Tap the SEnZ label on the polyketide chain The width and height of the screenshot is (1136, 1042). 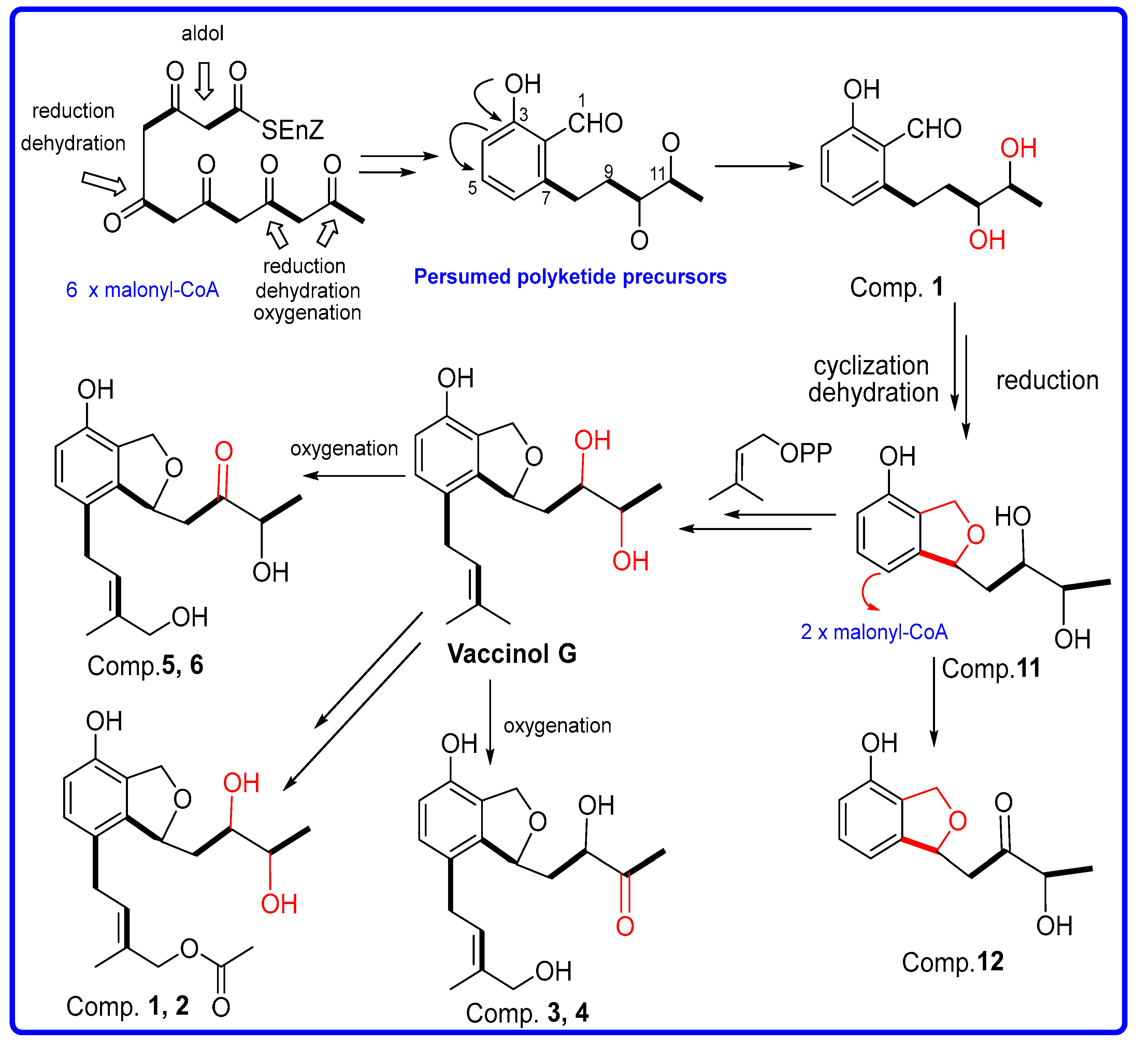pyautogui.click(x=292, y=130)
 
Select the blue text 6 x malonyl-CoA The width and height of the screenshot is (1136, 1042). pyautogui.click(x=142, y=290)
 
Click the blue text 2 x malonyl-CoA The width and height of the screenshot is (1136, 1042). pyautogui.click(x=874, y=632)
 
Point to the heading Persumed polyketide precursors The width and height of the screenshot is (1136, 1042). pyautogui.click(x=570, y=277)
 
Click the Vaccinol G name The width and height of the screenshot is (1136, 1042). pyautogui.click(x=512, y=654)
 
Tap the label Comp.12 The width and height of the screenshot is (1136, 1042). pyautogui.click(x=953, y=962)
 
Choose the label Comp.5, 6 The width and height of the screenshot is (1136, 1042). pyautogui.click(x=145, y=665)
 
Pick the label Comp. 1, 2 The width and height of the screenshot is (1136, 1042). pyautogui.click(x=127, y=1006)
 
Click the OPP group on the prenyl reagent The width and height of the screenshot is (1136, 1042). pyautogui.click(x=806, y=453)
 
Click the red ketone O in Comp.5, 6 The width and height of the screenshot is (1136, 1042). pyautogui.click(x=224, y=452)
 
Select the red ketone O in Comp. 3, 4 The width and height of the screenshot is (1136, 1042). pyautogui.click(x=625, y=926)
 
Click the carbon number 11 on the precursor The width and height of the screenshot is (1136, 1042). pyautogui.click(x=657, y=174)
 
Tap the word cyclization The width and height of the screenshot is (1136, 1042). pyautogui.click(x=871, y=366)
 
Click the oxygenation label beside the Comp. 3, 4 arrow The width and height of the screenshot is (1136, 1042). pyautogui.click(x=557, y=726)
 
